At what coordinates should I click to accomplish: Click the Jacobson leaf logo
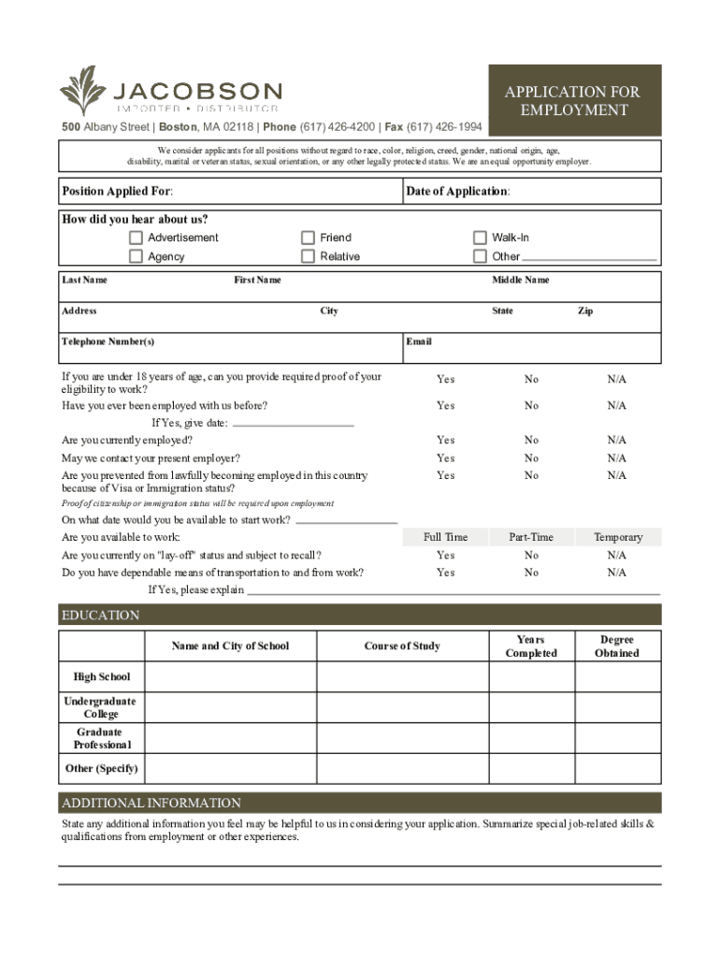pos(82,91)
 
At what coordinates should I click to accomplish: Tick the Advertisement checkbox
pos(137,238)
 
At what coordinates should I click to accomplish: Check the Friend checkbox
pos(308,238)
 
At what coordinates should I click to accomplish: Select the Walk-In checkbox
pos(480,238)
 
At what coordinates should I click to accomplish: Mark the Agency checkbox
pos(137,256)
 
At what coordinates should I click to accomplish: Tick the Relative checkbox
pos(308,256)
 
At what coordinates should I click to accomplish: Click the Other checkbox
pos(480,256)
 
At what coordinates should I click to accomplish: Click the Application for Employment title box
pos(572,101)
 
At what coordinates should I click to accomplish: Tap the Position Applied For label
pos(117,192)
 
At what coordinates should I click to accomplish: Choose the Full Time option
pos(445,537)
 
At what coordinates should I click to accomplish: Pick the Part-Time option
pos(531,537)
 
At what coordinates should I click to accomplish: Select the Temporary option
pos(618,537)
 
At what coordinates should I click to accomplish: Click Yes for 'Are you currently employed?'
pos(445,440)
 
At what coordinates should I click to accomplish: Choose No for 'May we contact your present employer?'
pos(531,458)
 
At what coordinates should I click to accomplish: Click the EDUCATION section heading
pos(101,616)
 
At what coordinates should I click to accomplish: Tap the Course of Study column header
pos(402,646)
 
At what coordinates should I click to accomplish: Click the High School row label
pos(102,676)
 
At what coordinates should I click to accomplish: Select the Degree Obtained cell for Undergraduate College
pos(617,707)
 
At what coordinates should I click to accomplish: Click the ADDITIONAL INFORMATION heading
pos(151,803)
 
